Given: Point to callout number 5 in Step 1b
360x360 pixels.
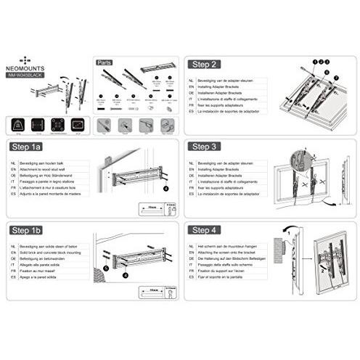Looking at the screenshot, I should pyautogui.click(x=106, y=268).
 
